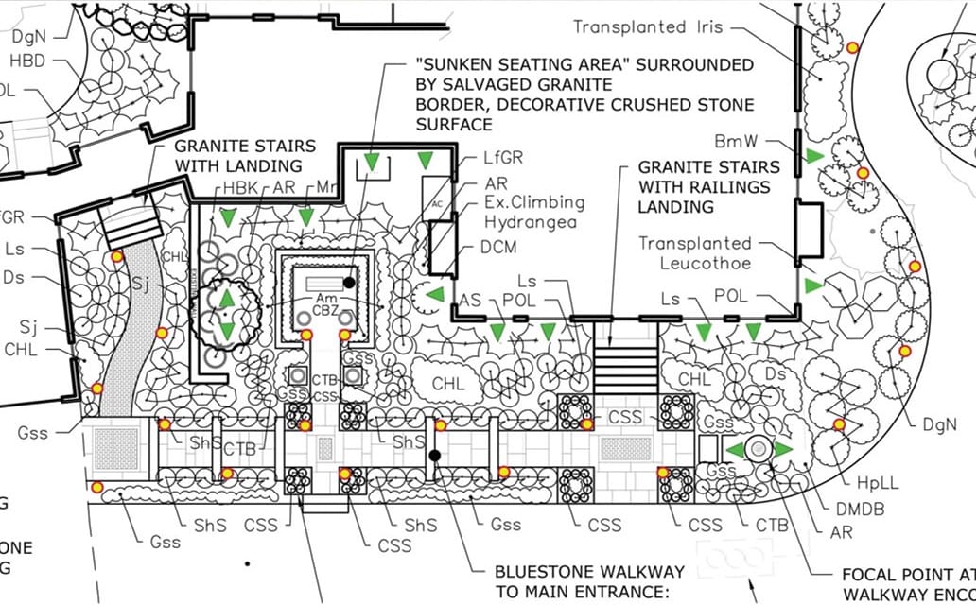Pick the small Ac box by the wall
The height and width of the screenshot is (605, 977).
(x=436, y=202)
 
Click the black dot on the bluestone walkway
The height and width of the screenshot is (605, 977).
(x=434, y=456)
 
